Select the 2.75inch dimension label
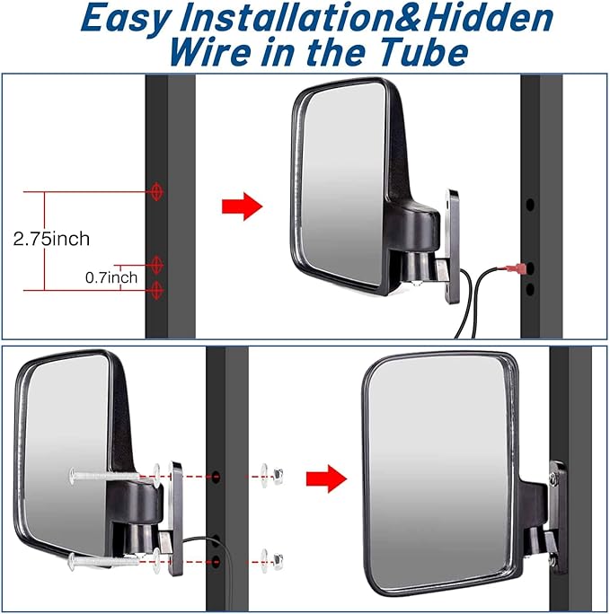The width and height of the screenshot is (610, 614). click(51, 240)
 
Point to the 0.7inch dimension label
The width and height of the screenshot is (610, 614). click(111, 277)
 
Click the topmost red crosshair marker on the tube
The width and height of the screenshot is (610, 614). click(158, 191)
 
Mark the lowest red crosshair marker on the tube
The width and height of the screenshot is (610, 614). click(158, 289)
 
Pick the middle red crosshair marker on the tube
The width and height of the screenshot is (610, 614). click(158, 265)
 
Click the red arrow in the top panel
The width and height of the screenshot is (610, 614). click(241, 206)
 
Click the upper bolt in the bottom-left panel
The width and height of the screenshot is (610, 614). click(103, 474)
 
